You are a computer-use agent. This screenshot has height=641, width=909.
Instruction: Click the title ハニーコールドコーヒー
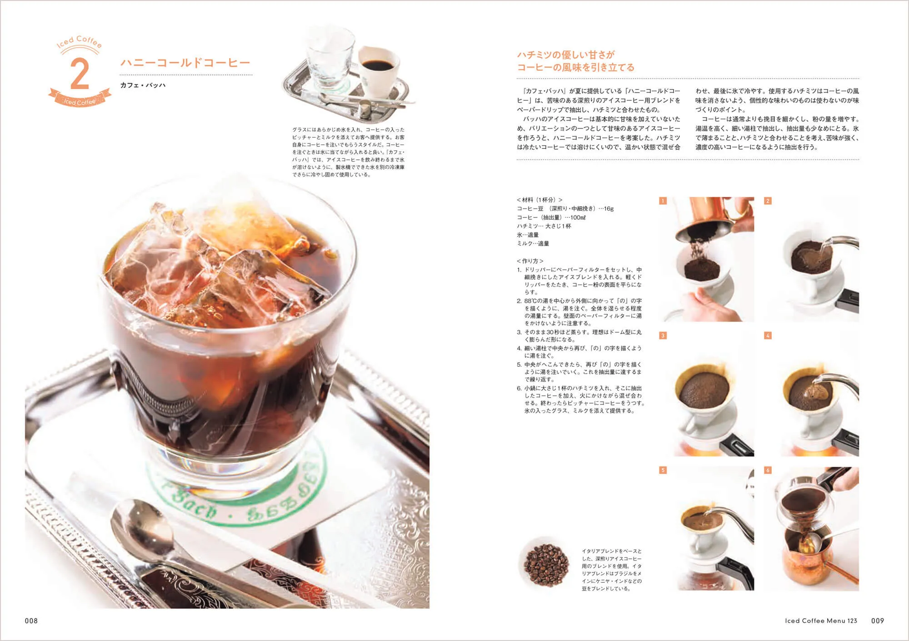click(185, 63)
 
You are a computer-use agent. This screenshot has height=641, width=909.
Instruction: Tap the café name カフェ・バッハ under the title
click(143, 85)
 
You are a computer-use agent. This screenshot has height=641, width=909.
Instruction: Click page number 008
click(31, 621)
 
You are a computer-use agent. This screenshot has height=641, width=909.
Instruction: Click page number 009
click(877, 621)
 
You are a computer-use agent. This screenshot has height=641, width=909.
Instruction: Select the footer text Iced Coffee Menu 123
click(820, 621)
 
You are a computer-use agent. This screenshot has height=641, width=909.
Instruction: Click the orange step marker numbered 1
click(663, 201)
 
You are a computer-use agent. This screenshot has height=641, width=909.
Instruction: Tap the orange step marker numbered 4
click(768, 335)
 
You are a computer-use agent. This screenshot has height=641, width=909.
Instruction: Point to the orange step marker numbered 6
click(768, 470)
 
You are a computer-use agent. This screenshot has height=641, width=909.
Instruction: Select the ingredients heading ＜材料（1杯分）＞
click(539, 200)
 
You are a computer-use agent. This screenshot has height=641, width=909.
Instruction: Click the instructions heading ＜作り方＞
click(530, 261)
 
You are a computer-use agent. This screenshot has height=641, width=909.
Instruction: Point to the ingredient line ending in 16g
click(565, 209)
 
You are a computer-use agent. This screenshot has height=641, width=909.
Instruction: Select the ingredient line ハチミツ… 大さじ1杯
click(544, 226)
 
